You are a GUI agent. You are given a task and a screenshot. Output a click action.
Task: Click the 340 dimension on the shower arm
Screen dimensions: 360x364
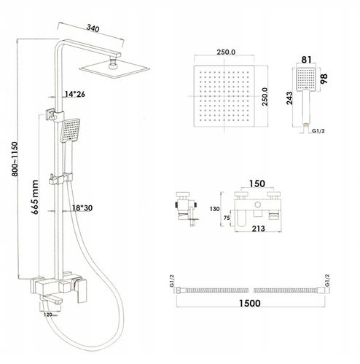93,28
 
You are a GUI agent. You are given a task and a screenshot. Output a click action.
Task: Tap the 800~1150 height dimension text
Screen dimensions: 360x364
15,159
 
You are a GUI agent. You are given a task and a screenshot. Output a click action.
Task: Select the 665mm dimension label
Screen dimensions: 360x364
35,197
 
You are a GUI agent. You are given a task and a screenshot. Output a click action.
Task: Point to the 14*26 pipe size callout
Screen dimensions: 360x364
75,94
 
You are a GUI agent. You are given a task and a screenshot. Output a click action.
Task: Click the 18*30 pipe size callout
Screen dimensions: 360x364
82,208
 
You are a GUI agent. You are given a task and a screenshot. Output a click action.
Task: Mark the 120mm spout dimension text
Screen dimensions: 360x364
50,314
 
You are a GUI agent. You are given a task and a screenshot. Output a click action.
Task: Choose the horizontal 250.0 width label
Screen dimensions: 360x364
226,52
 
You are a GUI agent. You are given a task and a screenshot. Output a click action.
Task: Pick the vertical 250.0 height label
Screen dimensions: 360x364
265,97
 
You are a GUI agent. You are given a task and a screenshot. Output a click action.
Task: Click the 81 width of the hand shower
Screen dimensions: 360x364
306,60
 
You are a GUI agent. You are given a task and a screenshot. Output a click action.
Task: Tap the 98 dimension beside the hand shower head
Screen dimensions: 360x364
324,79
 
